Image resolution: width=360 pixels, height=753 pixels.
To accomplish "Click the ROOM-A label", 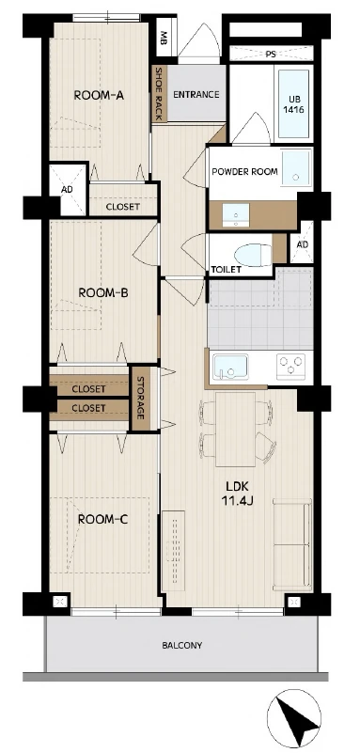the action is point(99,95).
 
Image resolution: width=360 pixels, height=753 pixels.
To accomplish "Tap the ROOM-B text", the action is point(102,292).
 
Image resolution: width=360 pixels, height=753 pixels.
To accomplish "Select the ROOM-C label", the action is point(102,519).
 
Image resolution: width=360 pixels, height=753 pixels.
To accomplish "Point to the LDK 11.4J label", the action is point(237,494).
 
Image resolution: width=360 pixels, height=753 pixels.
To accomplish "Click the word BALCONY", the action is point(182,645).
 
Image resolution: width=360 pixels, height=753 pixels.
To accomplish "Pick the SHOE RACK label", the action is point(158,94).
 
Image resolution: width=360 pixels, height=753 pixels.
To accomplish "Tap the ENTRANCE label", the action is point(196,95).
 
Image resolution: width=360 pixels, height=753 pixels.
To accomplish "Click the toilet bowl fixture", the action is point(252,255).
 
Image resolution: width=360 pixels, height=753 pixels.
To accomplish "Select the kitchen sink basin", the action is point(230,367).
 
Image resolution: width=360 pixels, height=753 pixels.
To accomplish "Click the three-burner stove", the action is point(290,366).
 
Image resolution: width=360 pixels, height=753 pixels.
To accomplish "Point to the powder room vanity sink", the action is point(236,213).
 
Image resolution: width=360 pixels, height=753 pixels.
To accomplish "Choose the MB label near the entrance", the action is point(164,37).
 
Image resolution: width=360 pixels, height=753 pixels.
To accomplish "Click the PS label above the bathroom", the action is point(271,55).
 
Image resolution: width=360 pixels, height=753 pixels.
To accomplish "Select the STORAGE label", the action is point(140,398).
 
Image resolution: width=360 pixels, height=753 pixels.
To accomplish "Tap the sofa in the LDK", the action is point(292,544).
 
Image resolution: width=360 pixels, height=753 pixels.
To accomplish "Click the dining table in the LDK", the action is point(235,429).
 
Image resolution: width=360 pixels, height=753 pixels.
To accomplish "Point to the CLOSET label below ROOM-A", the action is point(123,207).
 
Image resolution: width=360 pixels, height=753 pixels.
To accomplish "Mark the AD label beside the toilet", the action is point(302,244).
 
